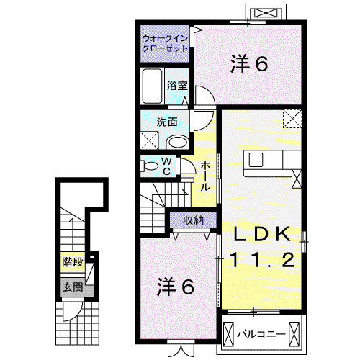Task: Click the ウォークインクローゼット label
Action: click(x=165, y=43)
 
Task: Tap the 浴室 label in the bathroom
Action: click(x=177, y=86)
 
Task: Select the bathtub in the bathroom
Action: click(x=152, y=86)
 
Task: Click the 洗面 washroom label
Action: click(x=167, y=122)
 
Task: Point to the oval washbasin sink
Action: click(x=178, y=143)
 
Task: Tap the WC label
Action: click(x=166, y=166)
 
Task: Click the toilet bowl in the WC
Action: click(x=149, y=166)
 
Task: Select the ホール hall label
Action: click(x=205, y=176)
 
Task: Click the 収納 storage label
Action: click(x=194, y=220)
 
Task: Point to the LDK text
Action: click(x=262, y=234)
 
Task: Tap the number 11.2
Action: click(x=263, y=260)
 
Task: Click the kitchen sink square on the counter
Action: click(x=256, y=160)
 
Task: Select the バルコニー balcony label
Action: click(x=261, y=334)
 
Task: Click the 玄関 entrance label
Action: click(x=73, y=287)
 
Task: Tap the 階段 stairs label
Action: click(x=73, y=262)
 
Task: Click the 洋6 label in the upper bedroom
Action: click(x=249, y=64)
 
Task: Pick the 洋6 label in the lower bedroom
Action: click(x=176, y=287)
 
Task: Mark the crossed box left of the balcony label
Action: click(x=228, y=334)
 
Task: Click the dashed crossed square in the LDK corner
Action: click(x=292, y=119)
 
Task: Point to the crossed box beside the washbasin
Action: click(x=149, y=140)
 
